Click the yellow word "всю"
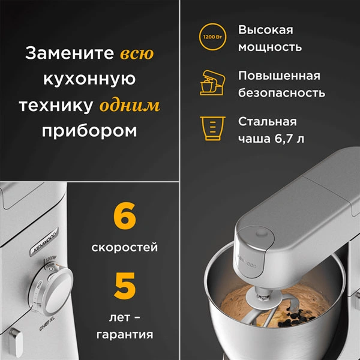click(137, 54)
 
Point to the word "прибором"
click(89, 131)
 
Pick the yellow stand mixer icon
click(210, 84)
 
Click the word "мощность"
click(269, 47)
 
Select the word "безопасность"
click(281, 93)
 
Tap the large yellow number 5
click(125, 287)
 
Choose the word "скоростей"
click(125, 247)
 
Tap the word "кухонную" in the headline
click(89, 80)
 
